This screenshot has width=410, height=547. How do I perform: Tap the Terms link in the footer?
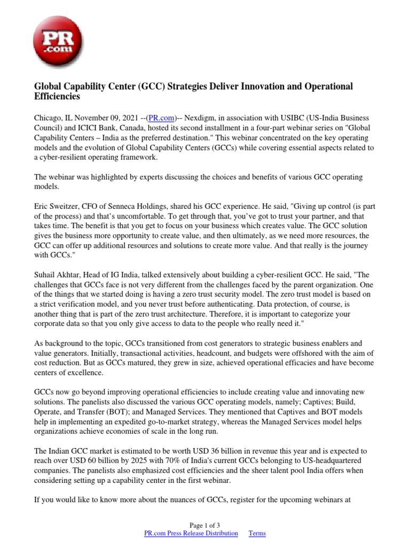257,533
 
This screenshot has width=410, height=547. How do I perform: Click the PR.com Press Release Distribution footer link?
191,533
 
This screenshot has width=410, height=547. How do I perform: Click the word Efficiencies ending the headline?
57,97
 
